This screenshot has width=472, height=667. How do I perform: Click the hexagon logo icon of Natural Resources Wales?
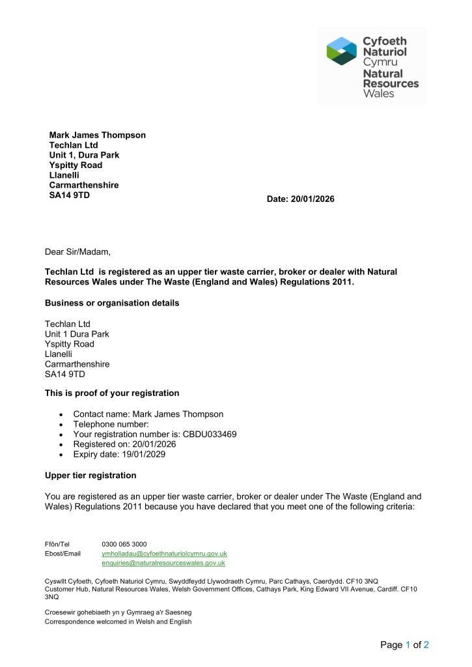coord(342,51)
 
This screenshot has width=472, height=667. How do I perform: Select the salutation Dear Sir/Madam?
coord(77,251)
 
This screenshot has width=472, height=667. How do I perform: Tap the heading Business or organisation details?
coord(112,303)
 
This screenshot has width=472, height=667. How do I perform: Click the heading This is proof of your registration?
coord(112,393)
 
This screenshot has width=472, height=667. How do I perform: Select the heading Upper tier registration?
coord(90,475)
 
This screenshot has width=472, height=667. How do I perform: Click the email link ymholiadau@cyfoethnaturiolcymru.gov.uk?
coord(164,553)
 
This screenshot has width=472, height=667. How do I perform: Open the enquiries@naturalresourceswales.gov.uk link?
coord(163,563)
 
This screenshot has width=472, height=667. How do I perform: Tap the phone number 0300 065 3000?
coord(124,544)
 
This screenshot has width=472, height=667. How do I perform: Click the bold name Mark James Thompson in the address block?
coord(98,135)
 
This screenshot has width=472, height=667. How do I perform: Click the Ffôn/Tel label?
coord(57,544)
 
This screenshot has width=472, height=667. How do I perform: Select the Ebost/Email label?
coord(62,554)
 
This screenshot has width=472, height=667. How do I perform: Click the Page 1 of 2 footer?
coord(404,646)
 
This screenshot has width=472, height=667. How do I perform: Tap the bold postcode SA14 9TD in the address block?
coord(70,195)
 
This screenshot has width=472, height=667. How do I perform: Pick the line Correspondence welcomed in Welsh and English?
coord(118,622)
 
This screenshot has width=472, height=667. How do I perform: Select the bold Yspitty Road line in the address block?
coord(76,165)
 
